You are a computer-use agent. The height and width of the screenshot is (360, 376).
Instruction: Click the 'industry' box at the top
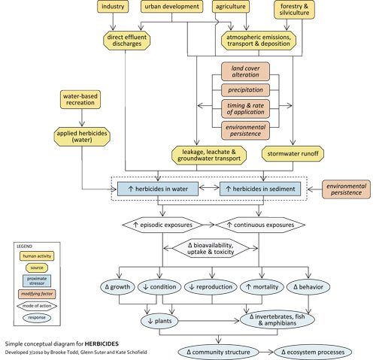pyautogui.click(x=114, y=8)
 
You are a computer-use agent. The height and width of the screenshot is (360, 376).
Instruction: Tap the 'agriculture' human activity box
pyautogui.click(x=232, y=8)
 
